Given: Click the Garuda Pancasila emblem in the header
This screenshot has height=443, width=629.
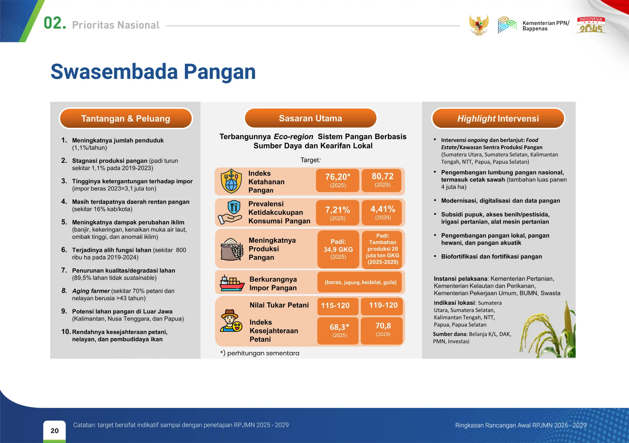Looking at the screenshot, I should (x=479, y=25).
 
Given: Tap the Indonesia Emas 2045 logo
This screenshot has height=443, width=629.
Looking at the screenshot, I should (x=591, y=25).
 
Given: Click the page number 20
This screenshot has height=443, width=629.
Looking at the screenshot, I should (x=54, y=430).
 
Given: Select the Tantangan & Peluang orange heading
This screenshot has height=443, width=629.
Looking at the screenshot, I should (x=126, y=118).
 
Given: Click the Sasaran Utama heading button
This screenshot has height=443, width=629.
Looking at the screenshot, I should (x=310, y=118).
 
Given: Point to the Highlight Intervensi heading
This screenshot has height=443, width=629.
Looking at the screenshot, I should (x=498, y=118).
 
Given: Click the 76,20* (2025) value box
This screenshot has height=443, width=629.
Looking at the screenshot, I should (x=338, y=180).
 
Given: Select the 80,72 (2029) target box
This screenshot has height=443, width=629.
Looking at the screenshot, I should (x=382, y=180).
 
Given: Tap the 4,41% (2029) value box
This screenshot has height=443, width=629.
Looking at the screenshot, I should (x=383, y=212).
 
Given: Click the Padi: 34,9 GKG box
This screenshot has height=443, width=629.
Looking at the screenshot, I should (x=338, y=249).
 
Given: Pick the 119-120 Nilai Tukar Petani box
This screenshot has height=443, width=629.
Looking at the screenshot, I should (x=383, y=305).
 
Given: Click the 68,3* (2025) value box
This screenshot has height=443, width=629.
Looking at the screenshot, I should (x=339, y=330).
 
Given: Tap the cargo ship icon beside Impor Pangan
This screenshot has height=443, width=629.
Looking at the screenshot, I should (x=232, y=283).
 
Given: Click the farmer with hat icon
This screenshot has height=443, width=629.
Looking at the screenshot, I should (x=230, y=321).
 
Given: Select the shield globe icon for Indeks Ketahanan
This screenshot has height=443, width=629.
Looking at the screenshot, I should (x=231, y=181).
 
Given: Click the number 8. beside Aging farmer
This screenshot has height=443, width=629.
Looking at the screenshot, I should (x=64, y=291).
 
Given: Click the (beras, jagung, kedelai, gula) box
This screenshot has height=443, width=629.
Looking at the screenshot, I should (x=360, y=282).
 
